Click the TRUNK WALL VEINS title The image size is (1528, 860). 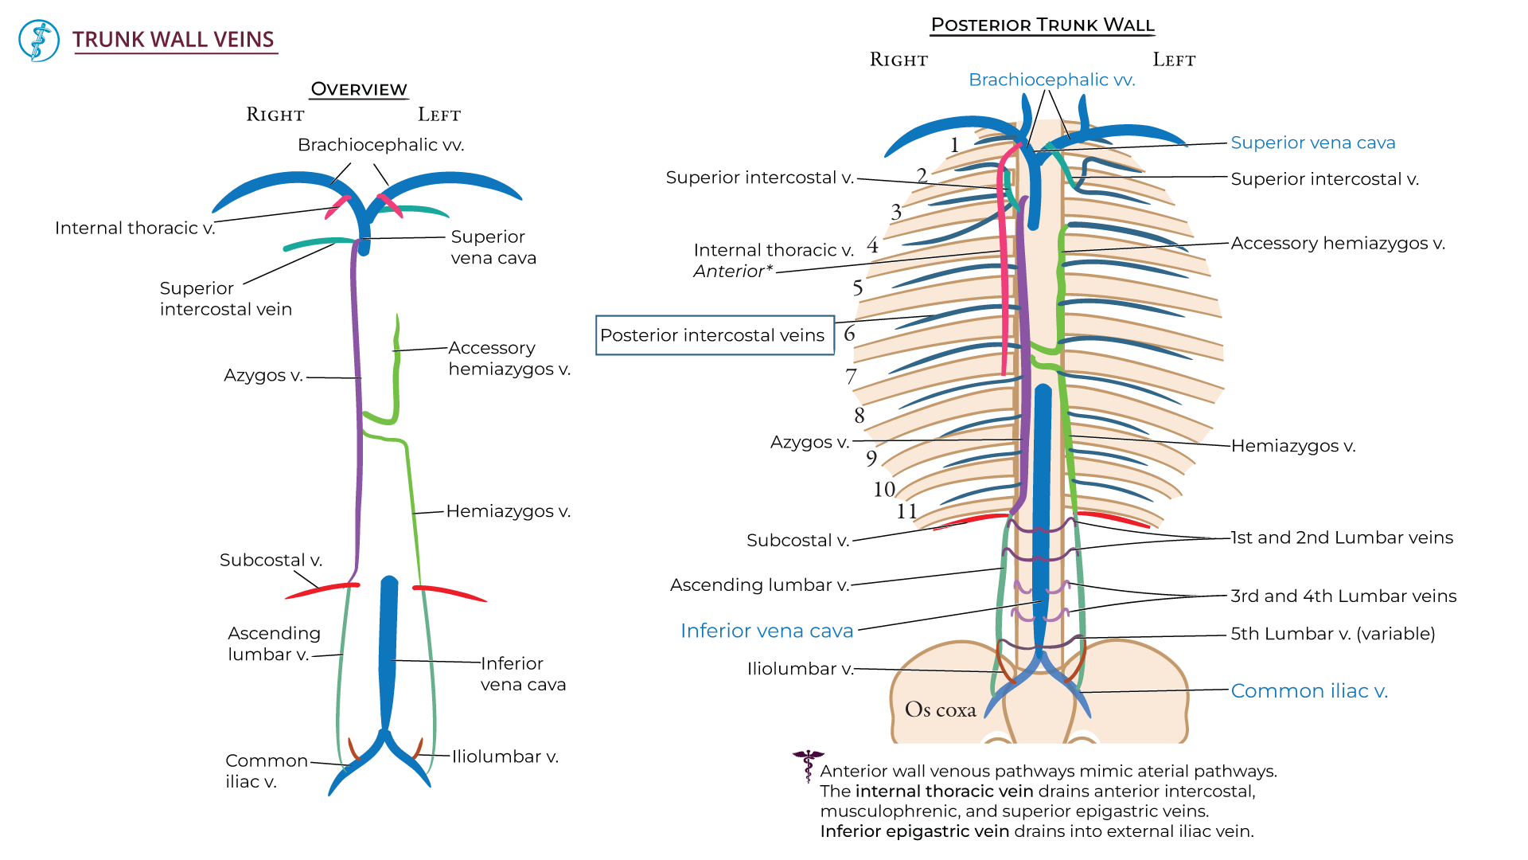[173, 40]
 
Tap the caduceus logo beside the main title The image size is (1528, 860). [39, 41]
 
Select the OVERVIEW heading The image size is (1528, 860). [358, 89]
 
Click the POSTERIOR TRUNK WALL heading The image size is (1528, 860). [1043, 25]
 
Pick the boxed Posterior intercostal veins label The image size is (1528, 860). [714, 335]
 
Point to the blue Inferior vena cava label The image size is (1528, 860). [766, 631]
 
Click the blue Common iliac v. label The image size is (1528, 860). [1309, 691]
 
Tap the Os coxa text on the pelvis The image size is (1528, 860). [940, 709]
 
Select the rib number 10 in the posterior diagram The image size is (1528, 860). [884, 489]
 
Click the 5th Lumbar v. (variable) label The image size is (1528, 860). [1333, 634]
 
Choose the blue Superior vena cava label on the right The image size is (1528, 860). [1313, 143]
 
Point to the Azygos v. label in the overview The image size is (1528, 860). [263, 375]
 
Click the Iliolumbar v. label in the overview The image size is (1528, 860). [505, 756]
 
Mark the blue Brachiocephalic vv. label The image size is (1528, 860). [1051, 80]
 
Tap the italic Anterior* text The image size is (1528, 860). [733, 272]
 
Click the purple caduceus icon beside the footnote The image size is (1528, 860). [808, 764]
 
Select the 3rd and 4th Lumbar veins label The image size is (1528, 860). [1343, 596]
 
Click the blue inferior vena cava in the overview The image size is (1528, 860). [388, 653]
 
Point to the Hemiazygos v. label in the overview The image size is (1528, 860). [508, 511]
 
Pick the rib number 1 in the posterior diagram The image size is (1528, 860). [954, 145]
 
